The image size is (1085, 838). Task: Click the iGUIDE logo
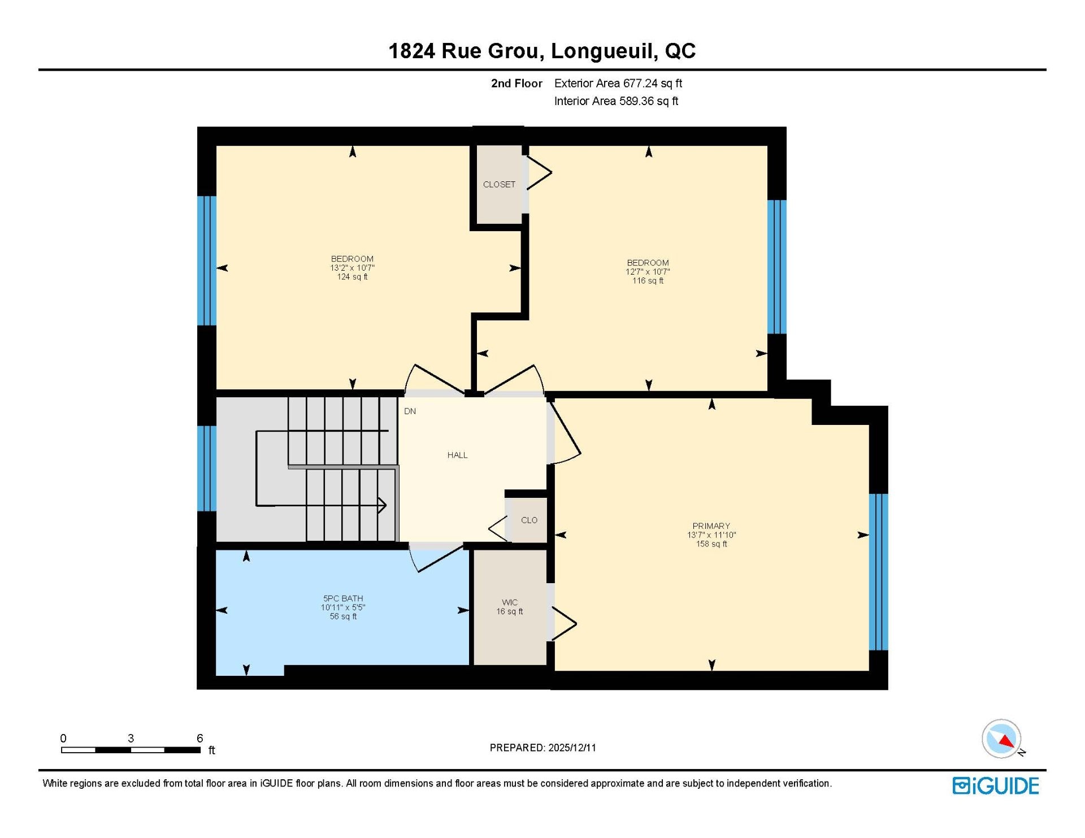[995, 786]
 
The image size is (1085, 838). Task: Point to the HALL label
[457, 455]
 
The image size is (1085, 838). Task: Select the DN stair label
[410, 411]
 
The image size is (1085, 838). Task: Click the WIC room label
[510, 602]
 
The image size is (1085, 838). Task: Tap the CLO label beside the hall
[529, 520]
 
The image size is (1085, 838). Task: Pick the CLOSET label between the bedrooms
[499, 184]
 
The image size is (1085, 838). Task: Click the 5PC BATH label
[343, 598]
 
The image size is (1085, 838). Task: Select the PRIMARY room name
[711, 526]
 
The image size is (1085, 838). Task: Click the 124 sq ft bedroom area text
[352, 277]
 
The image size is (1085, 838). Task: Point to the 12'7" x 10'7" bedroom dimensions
[648, 272]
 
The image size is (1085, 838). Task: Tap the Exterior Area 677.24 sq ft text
[618, 83]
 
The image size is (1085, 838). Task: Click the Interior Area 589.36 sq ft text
[616, 101]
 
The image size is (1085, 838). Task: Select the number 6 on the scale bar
[199, 738]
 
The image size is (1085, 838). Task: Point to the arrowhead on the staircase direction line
[382, 505]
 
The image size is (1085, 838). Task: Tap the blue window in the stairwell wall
[206, 468]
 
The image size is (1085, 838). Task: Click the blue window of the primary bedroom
[878, 572]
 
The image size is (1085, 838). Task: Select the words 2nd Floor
[517, 83]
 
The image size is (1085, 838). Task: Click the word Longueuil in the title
[604, 51]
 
